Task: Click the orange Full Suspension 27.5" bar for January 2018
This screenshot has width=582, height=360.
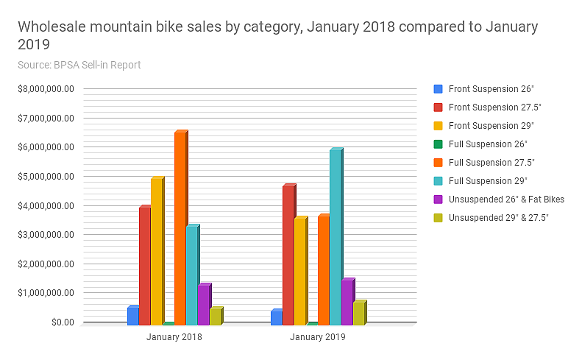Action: click(x=180, y=228)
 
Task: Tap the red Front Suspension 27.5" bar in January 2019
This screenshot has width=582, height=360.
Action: click(x=288, y=255)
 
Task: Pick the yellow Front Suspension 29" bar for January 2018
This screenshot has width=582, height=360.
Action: click(x=156, y=251)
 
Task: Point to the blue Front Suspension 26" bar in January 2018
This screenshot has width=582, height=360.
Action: click(x=132, y=316)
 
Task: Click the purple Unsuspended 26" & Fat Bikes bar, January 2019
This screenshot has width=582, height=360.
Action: click(x=347, y=302)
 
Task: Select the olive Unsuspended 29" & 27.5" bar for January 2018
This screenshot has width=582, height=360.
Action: click(x=215, y=316)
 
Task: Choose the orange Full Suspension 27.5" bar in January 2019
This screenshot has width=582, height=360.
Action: click(x=323, y=269)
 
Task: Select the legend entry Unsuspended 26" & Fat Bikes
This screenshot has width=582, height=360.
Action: click(x=506, y=200)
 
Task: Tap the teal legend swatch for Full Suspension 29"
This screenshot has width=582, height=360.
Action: click(x=439, y=181)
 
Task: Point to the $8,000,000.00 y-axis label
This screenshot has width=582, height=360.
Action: click(x=46, y=89)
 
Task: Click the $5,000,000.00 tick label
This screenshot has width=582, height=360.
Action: click(x=46, y=177)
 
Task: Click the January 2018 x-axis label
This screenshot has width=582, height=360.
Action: click(x=174, y=337)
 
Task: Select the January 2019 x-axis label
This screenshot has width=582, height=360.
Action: click(x=318, y=337)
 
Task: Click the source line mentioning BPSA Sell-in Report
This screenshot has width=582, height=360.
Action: click(x=79, y=65)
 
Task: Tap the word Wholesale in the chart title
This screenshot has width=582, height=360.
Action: click(x=52, y=27)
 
